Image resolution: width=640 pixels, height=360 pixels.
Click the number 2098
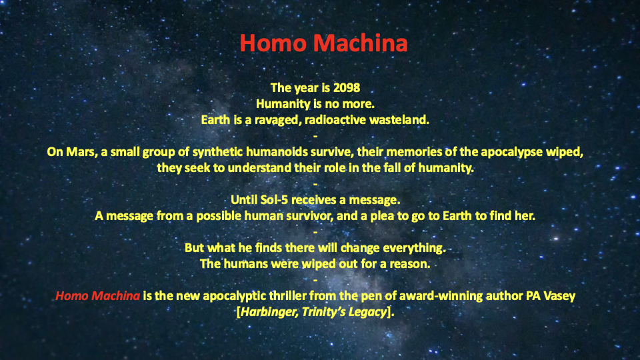coord(347,88)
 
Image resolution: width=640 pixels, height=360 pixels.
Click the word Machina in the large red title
coord(361,43)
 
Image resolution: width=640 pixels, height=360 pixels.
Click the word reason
coord(410,264)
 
